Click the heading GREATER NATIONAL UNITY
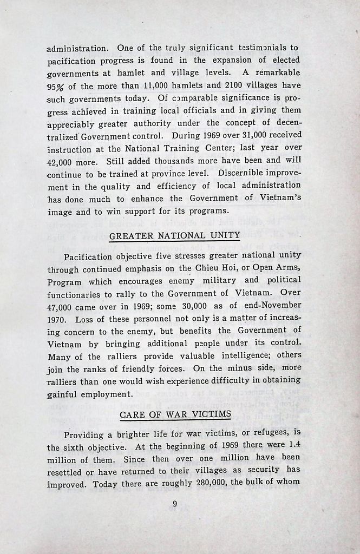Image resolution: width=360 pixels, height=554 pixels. tap(174, 235)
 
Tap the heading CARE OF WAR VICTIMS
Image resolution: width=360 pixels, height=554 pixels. tap(175, 414)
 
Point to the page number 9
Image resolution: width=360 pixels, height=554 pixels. tap(175, 504)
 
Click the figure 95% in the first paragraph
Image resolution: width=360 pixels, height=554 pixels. tap(56, 85)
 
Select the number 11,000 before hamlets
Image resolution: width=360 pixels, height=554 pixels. tap(156, 85)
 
